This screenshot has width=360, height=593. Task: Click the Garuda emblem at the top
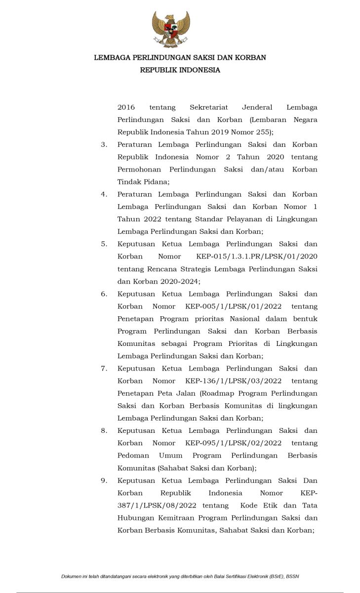click(x=171, y=29)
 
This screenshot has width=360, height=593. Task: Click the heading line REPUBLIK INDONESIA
click(x=180, y=70)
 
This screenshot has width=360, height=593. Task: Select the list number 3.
click(x=104, y=145)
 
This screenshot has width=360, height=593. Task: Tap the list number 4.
click(x=104, y=194)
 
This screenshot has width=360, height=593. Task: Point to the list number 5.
click(x=104, y=244)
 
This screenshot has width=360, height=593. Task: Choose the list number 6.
click(x=104, y=294)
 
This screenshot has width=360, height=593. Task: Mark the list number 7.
click(x=104, y=369)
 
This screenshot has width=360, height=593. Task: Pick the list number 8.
click(x=104, y=431)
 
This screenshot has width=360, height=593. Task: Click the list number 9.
click(x=104, y=481)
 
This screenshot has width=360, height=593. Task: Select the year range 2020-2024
click(x=180, y=282)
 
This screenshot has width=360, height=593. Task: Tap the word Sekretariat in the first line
click(x=208, y=107)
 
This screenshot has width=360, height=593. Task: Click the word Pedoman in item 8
click(x=132, y=456)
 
